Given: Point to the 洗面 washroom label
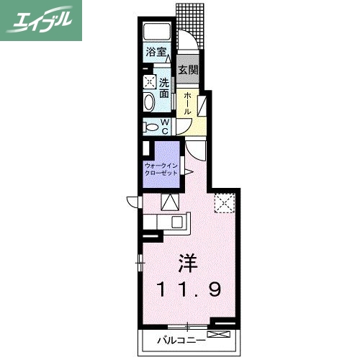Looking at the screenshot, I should tap(165, 88).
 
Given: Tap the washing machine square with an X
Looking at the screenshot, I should tap(149, 82).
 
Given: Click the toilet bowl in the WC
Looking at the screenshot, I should tap(151, 127).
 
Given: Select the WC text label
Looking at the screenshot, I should tap(165, 127).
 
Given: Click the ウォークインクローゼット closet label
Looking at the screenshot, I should tap(161, 170).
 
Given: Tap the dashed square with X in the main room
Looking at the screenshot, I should tap(225, 204).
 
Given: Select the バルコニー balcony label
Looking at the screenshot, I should tap(177, 338).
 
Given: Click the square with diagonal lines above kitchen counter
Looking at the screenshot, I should tap(169, 202).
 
